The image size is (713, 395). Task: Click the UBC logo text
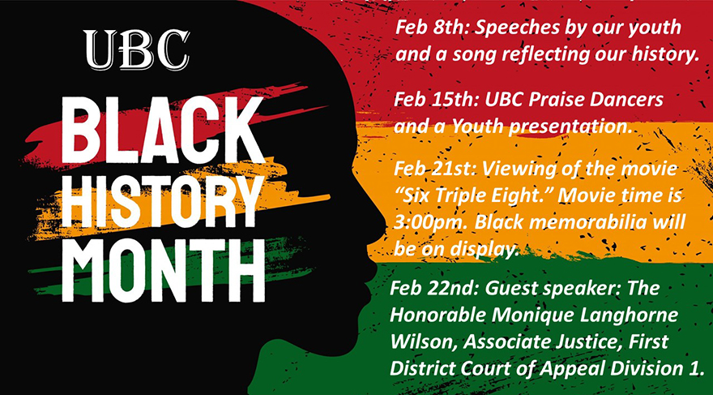click(136, 49)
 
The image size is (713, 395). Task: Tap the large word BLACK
click(163, 131)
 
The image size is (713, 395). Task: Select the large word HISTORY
click(162, 202)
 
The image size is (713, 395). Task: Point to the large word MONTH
click(163, 270)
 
